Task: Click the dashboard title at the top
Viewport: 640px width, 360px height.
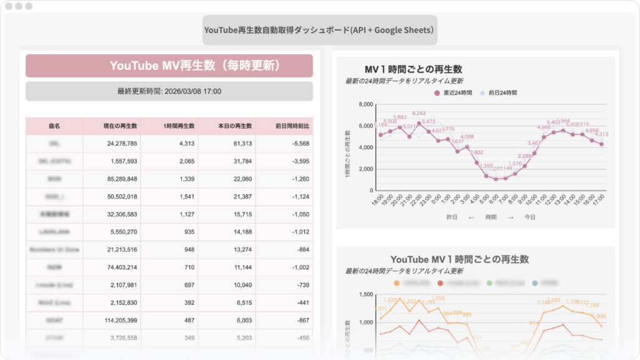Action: [x=319, y=30]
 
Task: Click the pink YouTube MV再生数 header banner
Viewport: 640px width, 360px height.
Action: [x=169, y=66]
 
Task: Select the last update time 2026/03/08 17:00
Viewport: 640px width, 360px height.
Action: [x=169, y=91]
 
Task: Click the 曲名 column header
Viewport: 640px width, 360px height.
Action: [x=54, y=126]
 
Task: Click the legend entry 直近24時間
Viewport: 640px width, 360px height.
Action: [x=454, y=92]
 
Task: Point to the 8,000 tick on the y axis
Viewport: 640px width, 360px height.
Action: [x=364, y=104]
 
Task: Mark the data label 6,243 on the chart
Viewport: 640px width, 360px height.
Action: [x=419, y=113]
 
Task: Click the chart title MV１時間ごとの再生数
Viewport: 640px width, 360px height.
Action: [x=413, y=69]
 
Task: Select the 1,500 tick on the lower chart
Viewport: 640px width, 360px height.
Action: [x=364, y=293]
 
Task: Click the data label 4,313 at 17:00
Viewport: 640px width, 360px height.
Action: [x=601, y=134]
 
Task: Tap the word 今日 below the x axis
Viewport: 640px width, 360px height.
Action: [x=530, y=217]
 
